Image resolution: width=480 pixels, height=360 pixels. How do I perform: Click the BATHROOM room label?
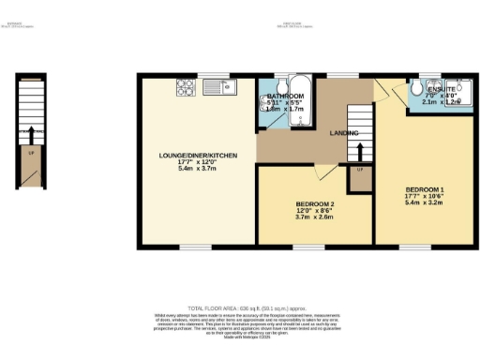click(285, 97)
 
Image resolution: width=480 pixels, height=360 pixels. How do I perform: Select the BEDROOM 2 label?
click(315, 203)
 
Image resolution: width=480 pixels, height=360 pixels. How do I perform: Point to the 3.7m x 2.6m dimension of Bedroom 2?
click(315, 218)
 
